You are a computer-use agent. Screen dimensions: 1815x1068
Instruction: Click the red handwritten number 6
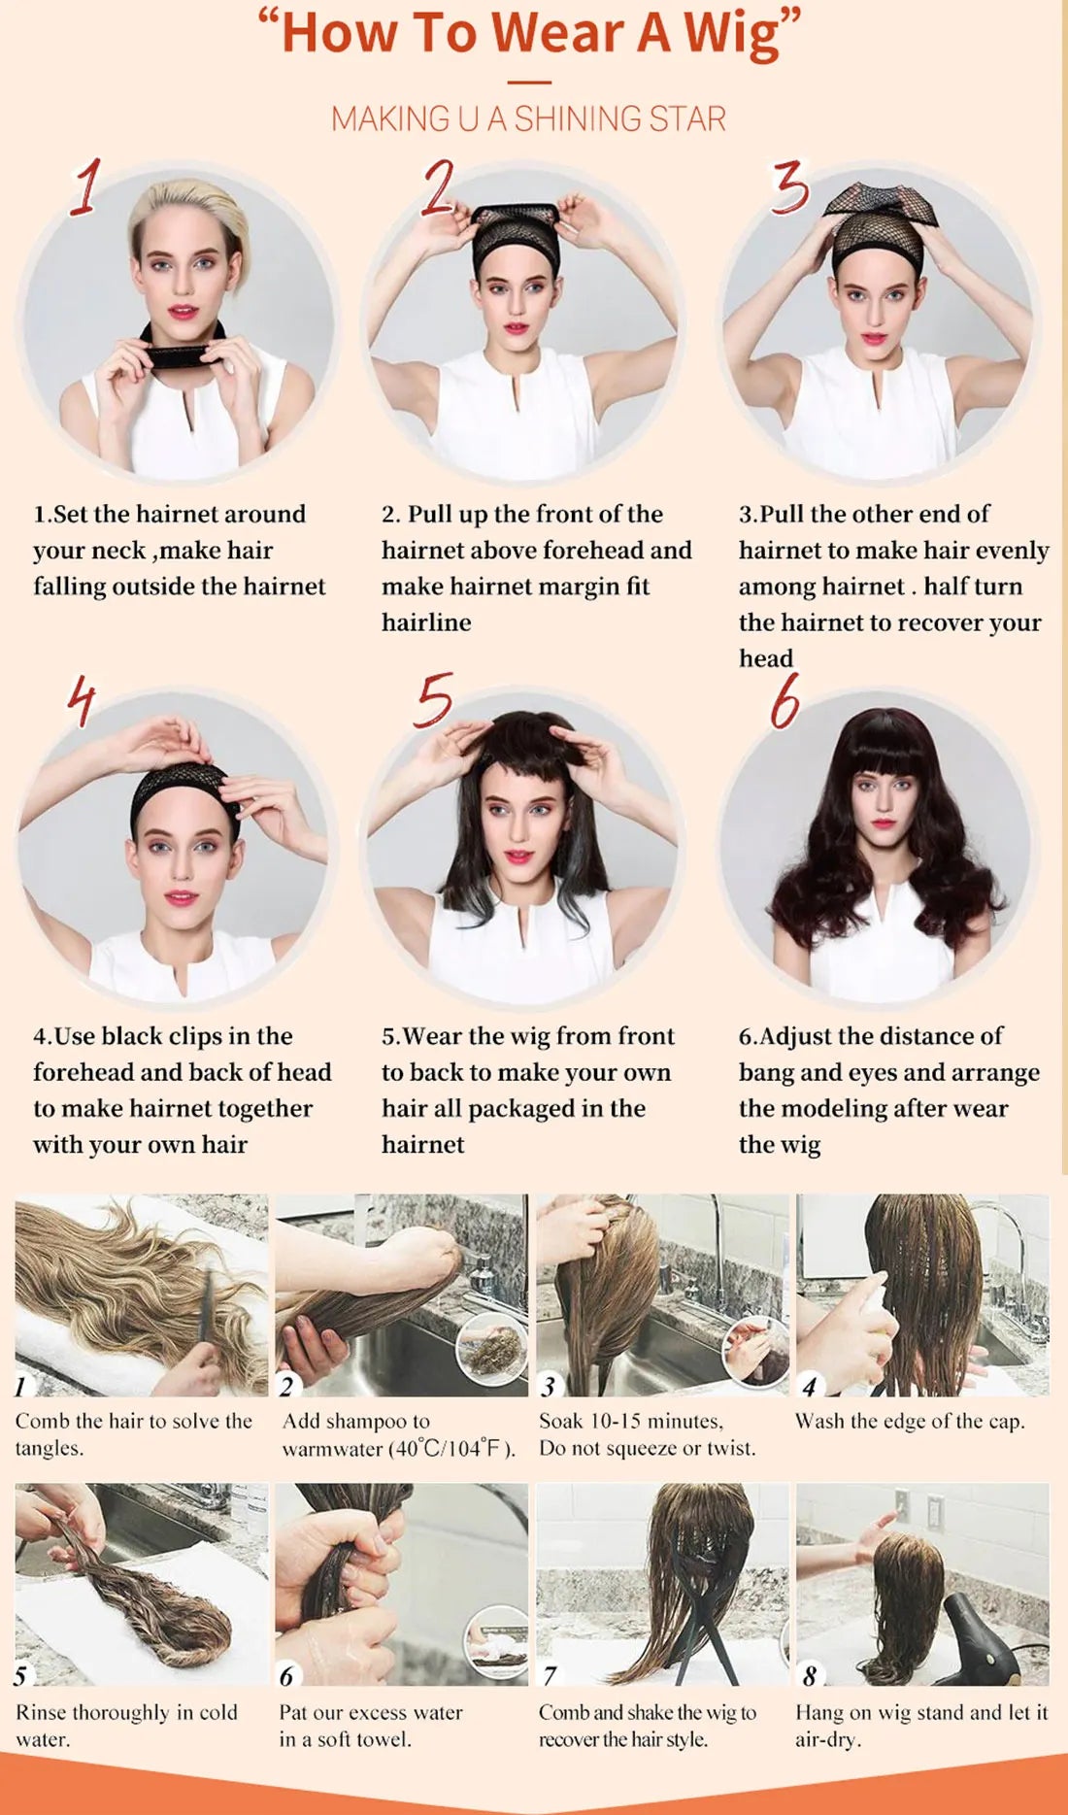tap(784, 700)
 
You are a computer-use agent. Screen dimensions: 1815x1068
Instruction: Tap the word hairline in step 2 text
tap(426, 622)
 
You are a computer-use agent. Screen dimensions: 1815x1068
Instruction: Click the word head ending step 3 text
tap(765, 658)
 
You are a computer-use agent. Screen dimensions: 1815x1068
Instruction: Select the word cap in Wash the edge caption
tap(1005, 1422)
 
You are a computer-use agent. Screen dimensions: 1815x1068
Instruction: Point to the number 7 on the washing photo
tap(550, 1675)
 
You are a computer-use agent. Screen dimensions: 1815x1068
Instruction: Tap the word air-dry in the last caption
tap(827, 1739)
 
